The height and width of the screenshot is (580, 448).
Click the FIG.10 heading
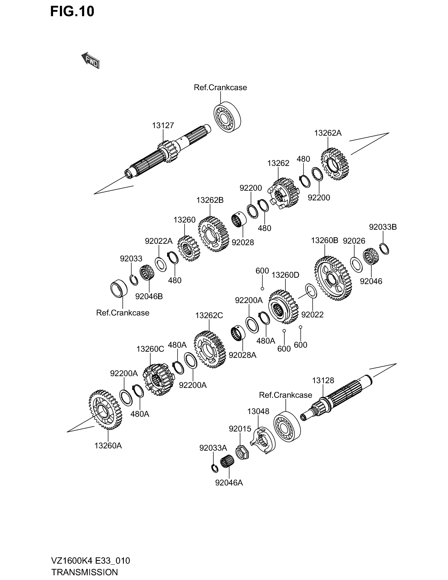72,12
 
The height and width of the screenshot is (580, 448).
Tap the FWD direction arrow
90,61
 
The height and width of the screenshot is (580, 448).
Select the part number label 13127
163,125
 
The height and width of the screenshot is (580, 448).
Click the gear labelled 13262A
335,164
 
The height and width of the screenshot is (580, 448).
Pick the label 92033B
383,227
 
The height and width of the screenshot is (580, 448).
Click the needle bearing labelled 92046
371,256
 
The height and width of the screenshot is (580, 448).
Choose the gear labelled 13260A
105,409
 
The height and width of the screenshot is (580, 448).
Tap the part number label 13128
323,380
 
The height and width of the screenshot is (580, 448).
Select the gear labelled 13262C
210,349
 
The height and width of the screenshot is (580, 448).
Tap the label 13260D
285,275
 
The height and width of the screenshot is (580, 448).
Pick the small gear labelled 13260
189,248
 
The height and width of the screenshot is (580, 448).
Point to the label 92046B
149,296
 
